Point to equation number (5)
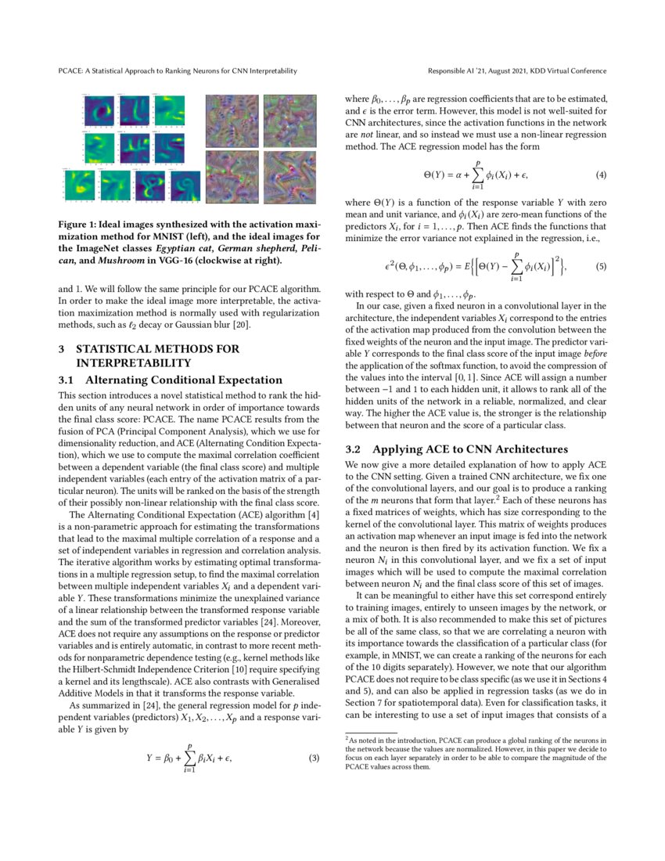point(602,267)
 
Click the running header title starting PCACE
point(178,71)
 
